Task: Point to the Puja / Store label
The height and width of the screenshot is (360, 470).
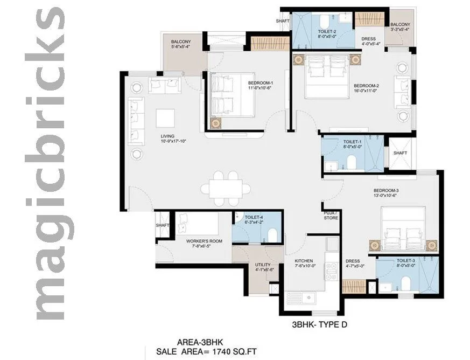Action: coord(331,215)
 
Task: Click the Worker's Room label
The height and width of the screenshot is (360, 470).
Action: coord(200,241)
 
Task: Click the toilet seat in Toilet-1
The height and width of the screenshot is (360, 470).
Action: coord(351,162)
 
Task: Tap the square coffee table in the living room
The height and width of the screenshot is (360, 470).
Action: coord(165,117)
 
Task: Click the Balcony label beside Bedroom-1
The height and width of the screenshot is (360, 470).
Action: coord(180,41)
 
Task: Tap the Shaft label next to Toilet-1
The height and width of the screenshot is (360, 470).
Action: coord(400,153)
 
